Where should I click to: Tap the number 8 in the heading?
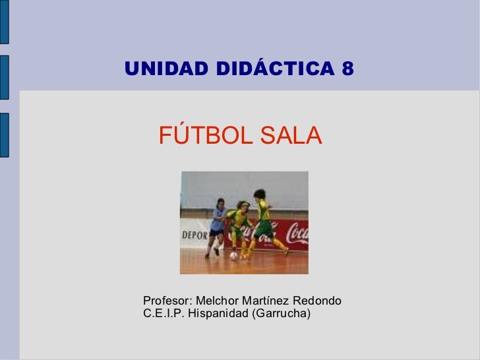coord(347,68)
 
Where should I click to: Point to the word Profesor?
coord(164,301)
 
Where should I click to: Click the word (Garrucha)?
coord(280,313)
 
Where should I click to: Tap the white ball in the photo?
coord(234,255)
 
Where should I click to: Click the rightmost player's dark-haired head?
coord(260,195)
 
